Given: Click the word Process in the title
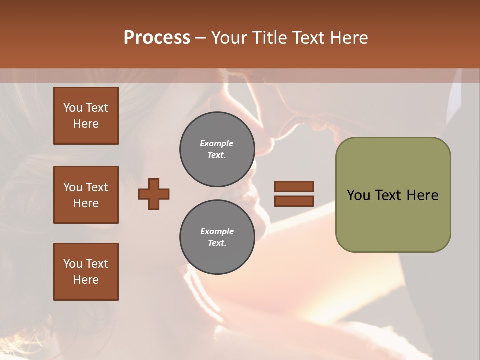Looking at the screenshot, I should click(x=157, y=38).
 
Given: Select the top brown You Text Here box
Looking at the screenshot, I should click(x=86, y=116).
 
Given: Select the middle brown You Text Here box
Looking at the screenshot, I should click(x=86, y=195).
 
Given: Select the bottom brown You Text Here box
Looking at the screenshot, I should click(x=86, y=272).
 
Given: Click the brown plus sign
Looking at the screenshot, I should click(x=154, y=194).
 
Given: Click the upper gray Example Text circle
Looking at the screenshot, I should click(x=217, y=149).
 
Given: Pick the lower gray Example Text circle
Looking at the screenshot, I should click(x=217, y=237).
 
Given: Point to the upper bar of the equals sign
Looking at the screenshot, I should click(x=294, y=186).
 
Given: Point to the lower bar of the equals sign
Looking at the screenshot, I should click(x=294, y=201).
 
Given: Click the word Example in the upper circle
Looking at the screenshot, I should click(x=217, y=143).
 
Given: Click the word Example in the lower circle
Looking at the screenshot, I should click(x=217, y=231).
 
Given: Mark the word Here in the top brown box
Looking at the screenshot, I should click(x=86, y=124).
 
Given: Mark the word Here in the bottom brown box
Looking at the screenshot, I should click(x=86, y=280).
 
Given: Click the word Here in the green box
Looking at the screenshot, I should click(x=422, y=195).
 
